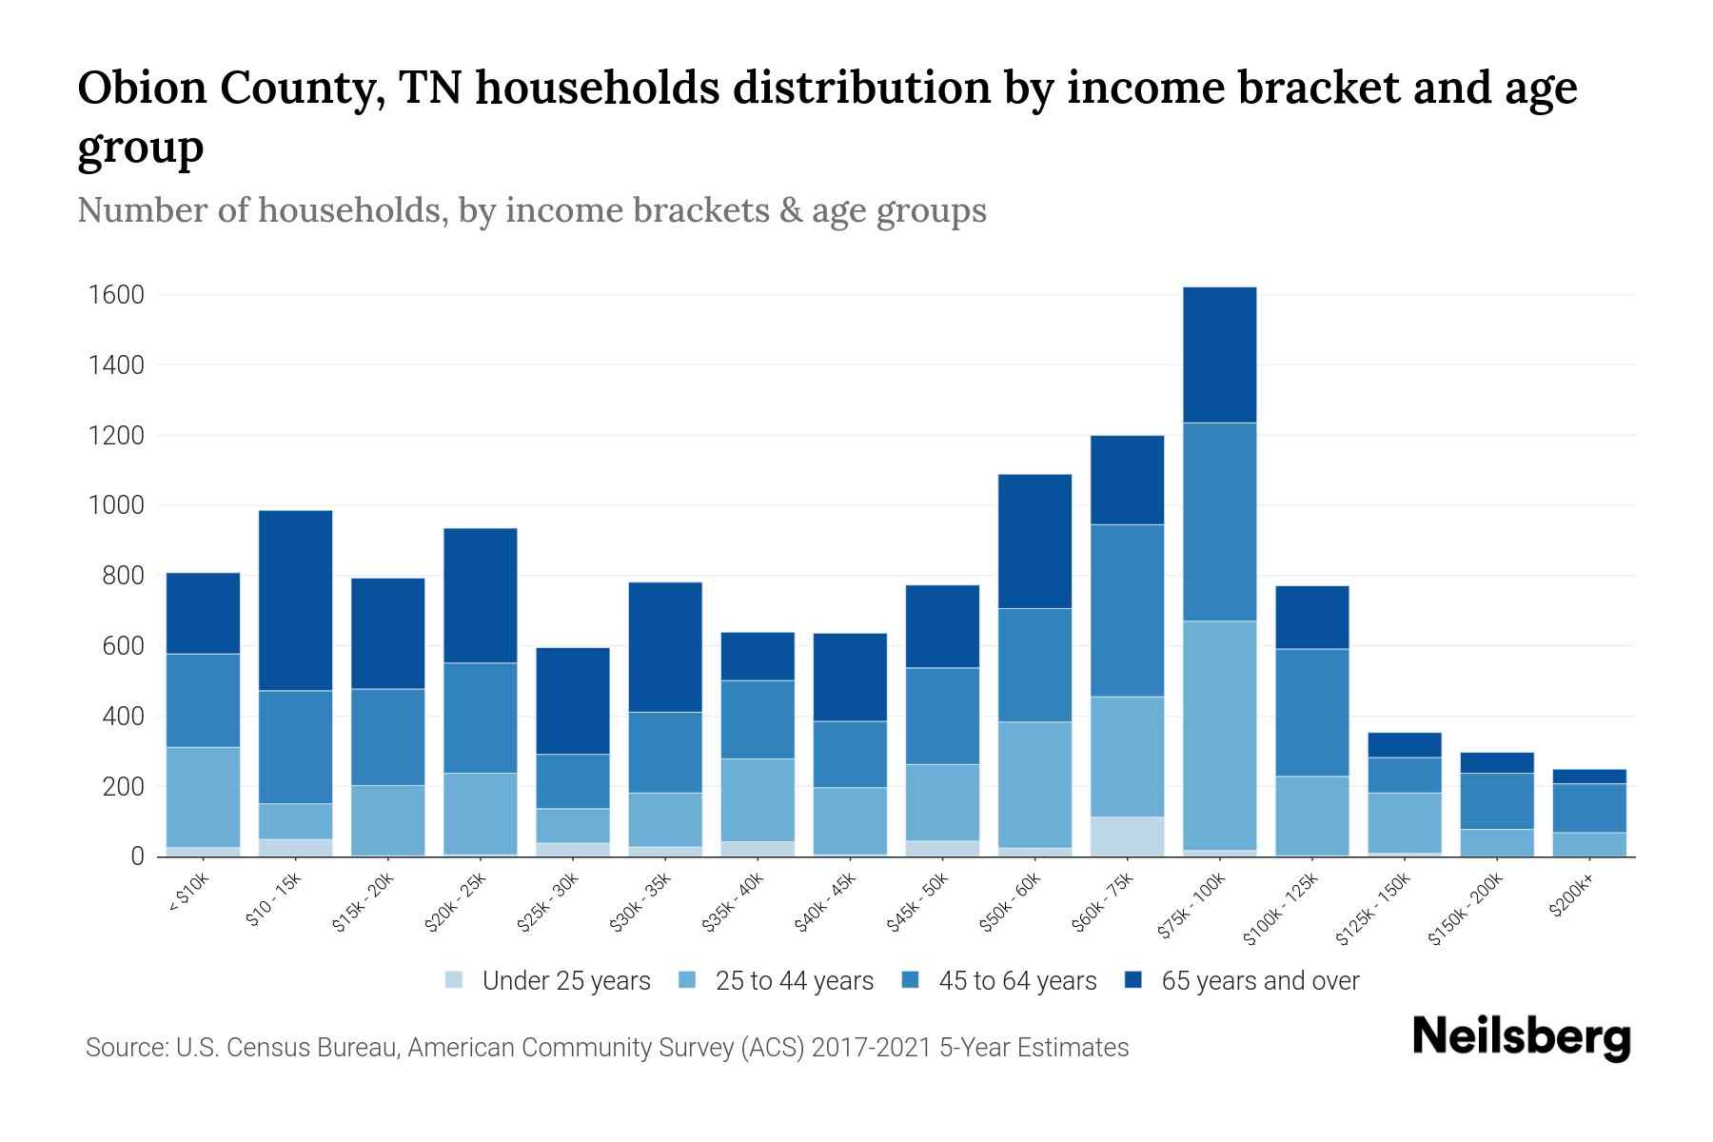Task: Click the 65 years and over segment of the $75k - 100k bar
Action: [1219, 355]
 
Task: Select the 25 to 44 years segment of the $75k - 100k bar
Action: [1219, 735]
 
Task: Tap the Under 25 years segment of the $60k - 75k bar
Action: [1127, 837]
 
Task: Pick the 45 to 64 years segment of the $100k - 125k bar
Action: [1311, 713]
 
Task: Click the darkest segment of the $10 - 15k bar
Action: [295, 601]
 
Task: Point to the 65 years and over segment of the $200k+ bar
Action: [1588, 777]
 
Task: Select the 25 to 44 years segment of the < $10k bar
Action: [203, 797]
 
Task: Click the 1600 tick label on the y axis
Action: [116, 295]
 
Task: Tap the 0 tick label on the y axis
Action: [137, 856]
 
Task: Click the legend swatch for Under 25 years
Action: [454, 980]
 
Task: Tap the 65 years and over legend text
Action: [1259, 981]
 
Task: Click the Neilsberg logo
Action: [1521, 1037]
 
